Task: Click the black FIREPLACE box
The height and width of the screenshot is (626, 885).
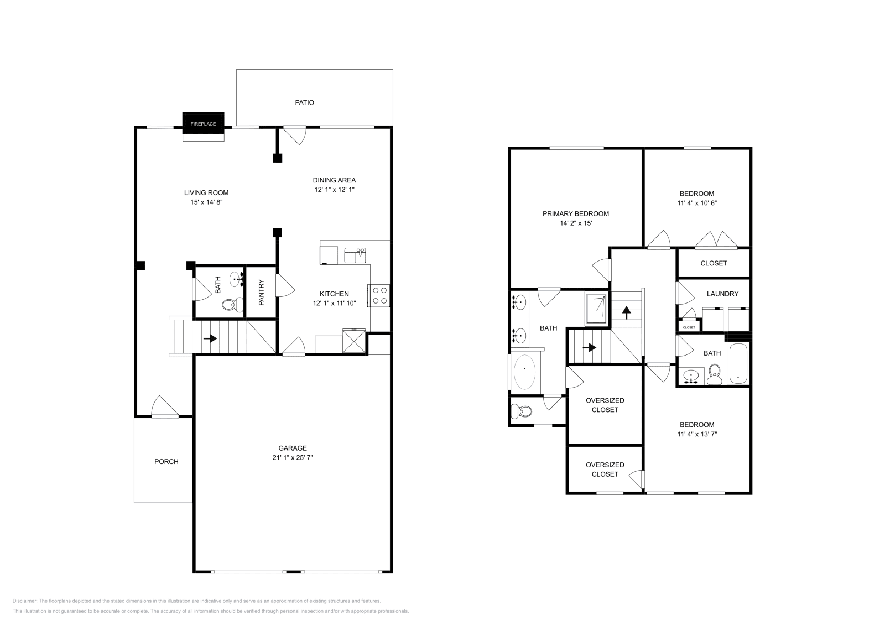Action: point(203,123)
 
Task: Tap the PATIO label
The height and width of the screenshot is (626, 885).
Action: point(304,102)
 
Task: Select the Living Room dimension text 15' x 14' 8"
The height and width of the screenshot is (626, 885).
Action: point(206,202)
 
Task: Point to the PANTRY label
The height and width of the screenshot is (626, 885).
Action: point(261,292)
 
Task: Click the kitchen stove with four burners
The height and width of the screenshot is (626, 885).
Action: point(379,295)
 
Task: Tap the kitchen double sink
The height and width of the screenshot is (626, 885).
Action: point(355,255)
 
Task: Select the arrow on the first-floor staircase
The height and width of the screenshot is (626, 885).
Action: point(210,338)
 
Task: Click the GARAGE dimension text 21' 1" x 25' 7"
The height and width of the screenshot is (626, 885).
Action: point(293,457)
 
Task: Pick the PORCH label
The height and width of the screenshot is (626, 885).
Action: point(166,461)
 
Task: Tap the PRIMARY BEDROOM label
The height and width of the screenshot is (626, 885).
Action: point(575,213)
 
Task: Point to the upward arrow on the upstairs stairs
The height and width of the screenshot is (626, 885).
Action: point(626,313)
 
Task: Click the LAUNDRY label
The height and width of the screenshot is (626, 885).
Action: point(722,294)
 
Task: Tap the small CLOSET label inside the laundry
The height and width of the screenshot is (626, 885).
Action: point(689,327)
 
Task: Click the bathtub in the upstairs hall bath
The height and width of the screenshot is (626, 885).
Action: point(738,364)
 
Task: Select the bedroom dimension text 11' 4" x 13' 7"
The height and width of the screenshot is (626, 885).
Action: point(697,434)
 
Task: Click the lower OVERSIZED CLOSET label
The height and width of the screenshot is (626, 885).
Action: point(605,470)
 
